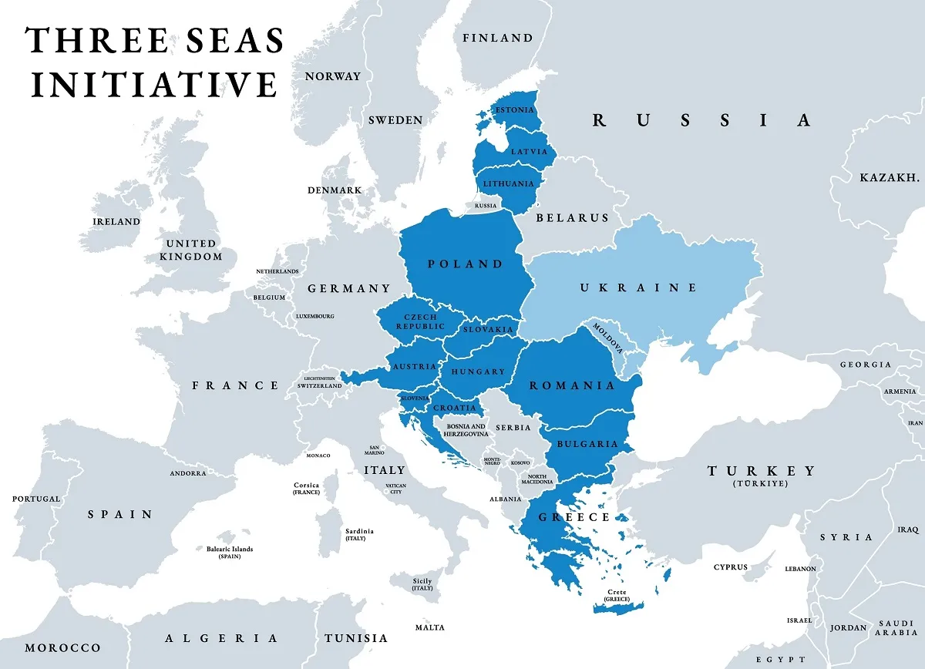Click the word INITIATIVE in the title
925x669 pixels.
click(x=153, y=83)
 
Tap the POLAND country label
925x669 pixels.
click(x=466, y=264)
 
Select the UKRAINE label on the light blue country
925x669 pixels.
click(x=638, y=287)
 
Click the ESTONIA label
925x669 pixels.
click(x=515, y=110)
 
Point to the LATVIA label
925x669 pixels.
click(x=529, y=152)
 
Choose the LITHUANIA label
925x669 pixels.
click(x=508, y=184)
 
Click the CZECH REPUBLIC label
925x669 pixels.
click(x=421, y=321)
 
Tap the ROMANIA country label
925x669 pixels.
click(x=572, y=385)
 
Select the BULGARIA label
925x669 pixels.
click(x=588, y=444)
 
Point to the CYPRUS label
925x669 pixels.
click(x=730, y=567)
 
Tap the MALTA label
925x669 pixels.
click(x=429, y=627)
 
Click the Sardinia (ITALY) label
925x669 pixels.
click(x=360, y=534)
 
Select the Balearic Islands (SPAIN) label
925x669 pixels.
click(x=224, y=552)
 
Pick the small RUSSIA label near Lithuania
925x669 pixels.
click(x=486, y=206)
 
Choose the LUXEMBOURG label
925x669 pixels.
click(x=314, y=316)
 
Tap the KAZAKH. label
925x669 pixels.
click(x=890, y=178)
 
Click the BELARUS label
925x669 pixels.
click(x=572, y=218)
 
